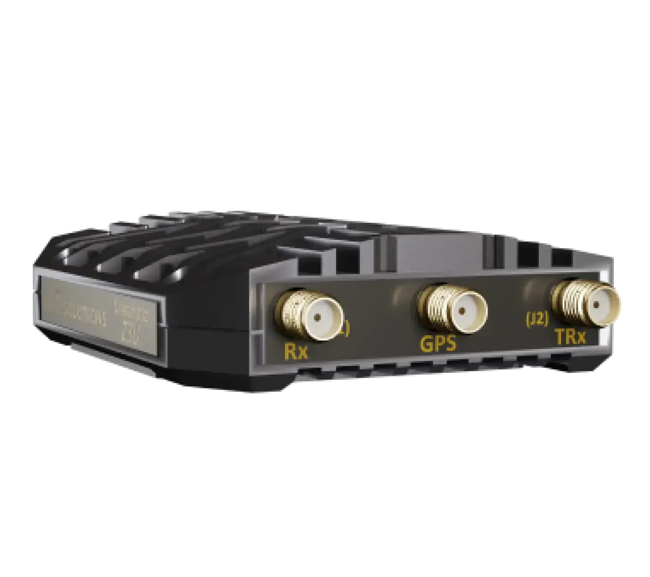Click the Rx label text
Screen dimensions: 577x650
296,352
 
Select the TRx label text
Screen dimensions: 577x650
570,338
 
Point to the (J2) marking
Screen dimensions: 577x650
537,320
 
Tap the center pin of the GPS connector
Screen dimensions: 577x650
463,310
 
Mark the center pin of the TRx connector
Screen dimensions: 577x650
596,305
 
